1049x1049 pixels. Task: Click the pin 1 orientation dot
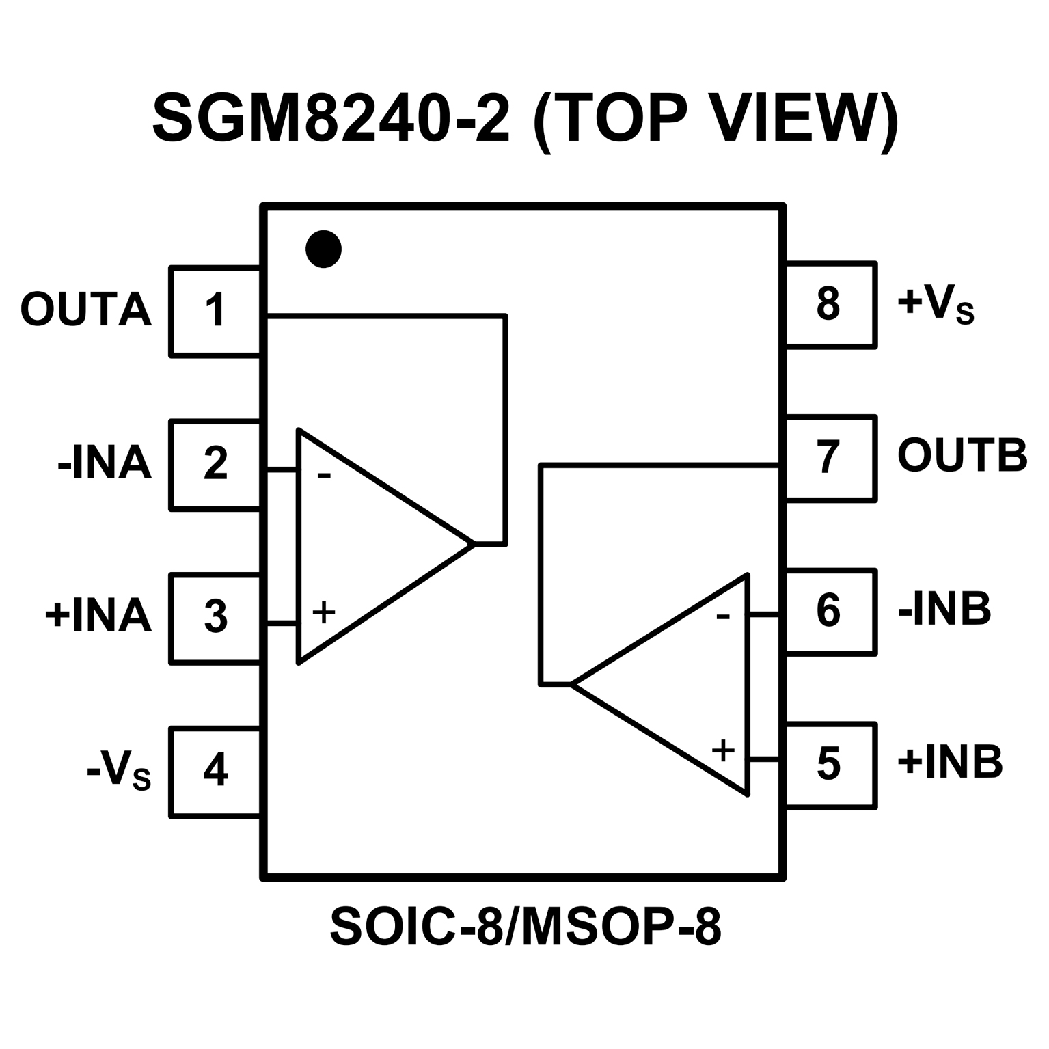[323, 249]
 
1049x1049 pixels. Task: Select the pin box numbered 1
[215, 311]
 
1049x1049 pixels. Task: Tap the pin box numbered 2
[215, 464]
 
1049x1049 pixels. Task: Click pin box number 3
[215, 618]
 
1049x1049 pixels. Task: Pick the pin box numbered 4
[215, 771]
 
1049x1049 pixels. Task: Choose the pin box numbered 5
[830, 765]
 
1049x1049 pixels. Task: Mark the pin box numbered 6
[830, 612]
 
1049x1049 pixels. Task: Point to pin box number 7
[830, 458]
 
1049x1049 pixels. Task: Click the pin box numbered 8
[830, 305]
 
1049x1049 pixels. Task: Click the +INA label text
[98, 616]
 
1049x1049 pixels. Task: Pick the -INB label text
[944, 609]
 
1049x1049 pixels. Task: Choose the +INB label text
[950, 762]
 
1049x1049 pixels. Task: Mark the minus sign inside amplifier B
[723, 618]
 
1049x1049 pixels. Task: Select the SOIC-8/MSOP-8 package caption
[525, 927]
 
